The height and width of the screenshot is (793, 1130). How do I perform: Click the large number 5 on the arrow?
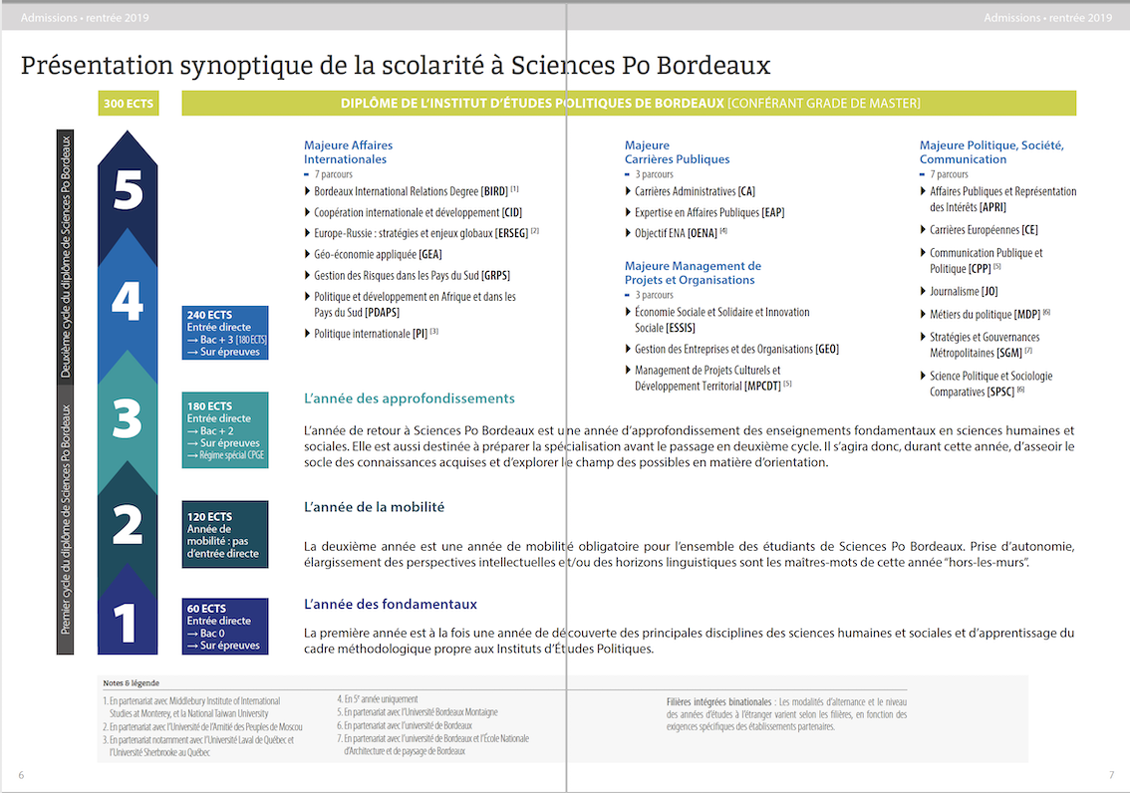tap(128, 189)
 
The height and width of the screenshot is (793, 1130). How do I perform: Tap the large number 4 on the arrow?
tap(128, 300)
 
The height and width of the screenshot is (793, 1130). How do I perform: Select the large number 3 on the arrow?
tap(128, 419)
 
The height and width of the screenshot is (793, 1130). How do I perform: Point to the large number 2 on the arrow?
tap(128, 524)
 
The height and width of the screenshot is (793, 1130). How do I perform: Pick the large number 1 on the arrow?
tap(125, 625)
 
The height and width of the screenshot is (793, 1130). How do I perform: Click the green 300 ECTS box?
tap(128, 104)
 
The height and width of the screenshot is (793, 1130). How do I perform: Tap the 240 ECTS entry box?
tap(226, 333)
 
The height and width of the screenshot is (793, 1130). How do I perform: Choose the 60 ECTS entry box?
tap(225, 627)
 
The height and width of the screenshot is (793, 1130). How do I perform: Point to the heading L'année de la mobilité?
tap(374, 507)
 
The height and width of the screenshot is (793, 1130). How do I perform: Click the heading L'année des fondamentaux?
tap(390, 604)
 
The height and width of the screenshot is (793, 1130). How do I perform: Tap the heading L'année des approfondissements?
tap(409, 398)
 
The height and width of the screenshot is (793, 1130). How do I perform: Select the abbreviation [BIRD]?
tap(494, 191)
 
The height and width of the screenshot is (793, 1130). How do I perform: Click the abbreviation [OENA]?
tap(703, 233)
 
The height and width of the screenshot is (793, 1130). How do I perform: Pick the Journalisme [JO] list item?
tap(963, 292)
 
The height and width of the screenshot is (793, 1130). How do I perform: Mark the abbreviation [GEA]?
tap(429, 254)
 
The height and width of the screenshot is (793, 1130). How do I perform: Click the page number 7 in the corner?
tap(1111, 776)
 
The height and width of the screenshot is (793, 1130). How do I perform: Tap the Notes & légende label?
tap(131, 683)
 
